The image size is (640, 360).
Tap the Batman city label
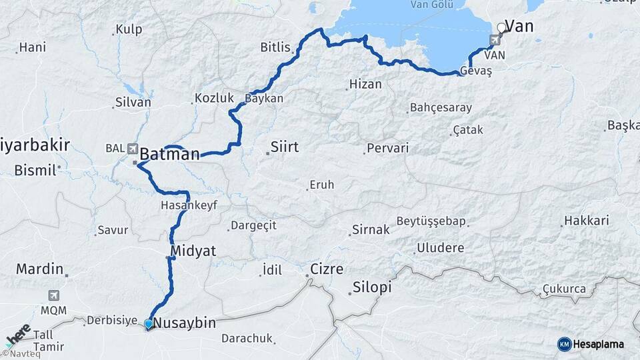[x=169, y=154]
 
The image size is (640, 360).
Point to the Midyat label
[x=194, y=251]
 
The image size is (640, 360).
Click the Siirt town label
[x=285, y=147]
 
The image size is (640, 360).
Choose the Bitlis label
[x=275, y=47]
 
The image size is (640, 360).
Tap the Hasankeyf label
[x=189, y=207]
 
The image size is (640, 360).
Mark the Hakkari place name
[x=587, y=220]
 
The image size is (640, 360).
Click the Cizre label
[x=327, y=269]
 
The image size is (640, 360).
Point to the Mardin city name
[x=39, y=269]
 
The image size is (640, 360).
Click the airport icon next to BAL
[x=132, y=148]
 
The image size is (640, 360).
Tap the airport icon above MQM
[x=53, y=295]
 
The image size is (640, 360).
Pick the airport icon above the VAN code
[x=494, y=41]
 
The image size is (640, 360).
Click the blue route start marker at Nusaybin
[x=148, y=323]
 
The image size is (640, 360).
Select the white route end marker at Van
[x=501, y=27]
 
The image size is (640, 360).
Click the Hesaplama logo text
[x=598, y=344]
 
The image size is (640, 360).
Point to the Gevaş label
[x=476, y=71]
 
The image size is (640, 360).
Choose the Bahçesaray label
[x=441, y=107]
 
